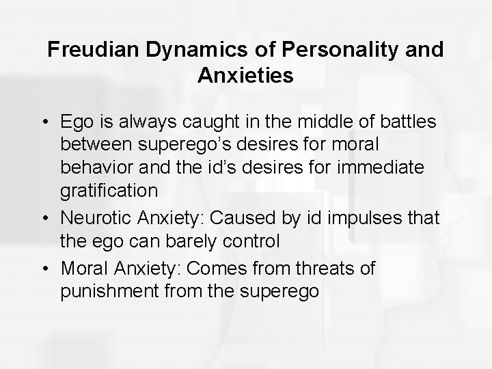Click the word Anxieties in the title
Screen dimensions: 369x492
246,75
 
